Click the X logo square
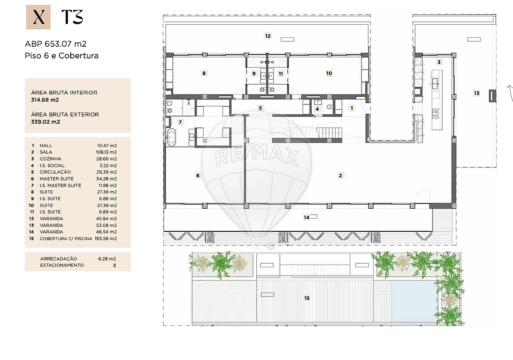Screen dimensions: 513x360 (x=38, y=17)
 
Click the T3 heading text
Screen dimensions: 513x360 (x=72, y=17)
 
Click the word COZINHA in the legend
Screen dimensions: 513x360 (x=50, y=159)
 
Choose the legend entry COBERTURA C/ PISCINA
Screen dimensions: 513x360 (x=66, y=239)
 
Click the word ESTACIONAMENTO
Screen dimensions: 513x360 (x=62, y=265)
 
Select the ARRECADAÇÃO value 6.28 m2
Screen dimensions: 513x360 (x=107, y=259)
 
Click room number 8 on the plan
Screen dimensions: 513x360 (x=204, y=73)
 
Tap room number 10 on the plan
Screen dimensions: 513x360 (x=329, y=73)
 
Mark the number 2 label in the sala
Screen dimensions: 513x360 (x=341, y=175)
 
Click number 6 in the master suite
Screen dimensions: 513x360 (x=198, y=175)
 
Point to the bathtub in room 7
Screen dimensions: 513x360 (x=171, y=137)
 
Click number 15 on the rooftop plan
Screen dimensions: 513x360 (x=307, y=298)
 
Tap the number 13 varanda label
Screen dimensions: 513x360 (x=477, y=93)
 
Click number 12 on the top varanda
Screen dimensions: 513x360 (x=268, y=36)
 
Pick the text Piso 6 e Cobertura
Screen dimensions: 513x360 (x=62, y=56)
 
